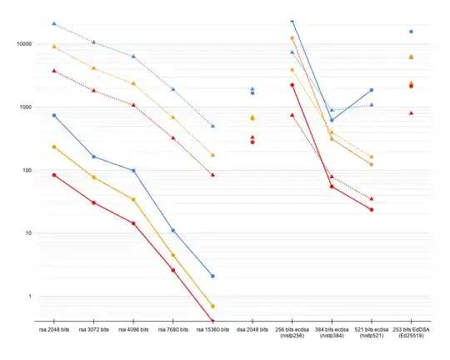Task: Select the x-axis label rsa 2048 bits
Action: (x=54, y=331)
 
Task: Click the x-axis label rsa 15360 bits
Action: (x=212, y=331)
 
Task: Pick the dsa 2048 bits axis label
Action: (x=252, y=331)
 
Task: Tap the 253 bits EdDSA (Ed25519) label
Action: (x=411, y=334)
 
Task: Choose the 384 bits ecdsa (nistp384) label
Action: (x=332, y=334)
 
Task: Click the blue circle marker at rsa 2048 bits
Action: (x=54, y=115)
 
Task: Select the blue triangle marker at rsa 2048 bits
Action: (x=54, y=24)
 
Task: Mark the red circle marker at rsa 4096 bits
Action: (x=133, y=223)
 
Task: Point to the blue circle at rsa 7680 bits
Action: (x=173, y=231)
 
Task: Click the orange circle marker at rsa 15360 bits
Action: (x=212, y=306)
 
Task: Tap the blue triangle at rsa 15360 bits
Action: (x=212, y=126)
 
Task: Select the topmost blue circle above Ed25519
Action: (x=411, y=32)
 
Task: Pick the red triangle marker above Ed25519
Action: (x=411, y=112)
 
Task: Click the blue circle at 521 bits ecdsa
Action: (x=371, y=90)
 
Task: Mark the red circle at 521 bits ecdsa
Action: (x=371, y=210)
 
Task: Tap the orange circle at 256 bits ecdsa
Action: (x=292, y=38)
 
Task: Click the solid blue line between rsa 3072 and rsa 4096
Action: (x=113, y=163)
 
